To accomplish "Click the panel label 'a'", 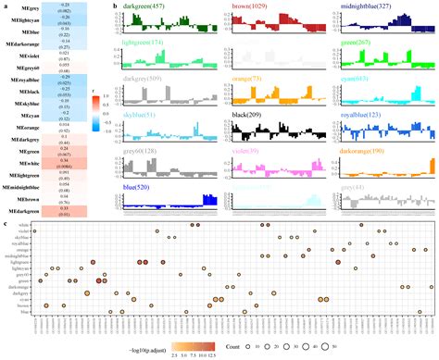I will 5,5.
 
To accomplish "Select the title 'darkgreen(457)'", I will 148,7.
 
